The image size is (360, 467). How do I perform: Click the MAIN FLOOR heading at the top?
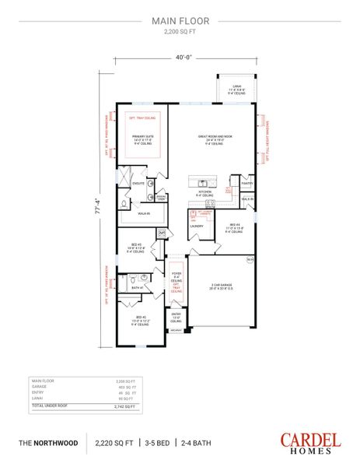click(180, 22)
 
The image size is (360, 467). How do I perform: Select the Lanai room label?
click(235, 88)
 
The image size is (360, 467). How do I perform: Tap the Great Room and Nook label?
click(210, 139)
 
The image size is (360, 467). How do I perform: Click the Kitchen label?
click(204, 191)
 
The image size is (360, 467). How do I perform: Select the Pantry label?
click(247, 184)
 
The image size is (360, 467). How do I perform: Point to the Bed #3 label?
click(136, 246)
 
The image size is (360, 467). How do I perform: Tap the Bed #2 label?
click(141, 319)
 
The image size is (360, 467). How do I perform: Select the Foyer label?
click(177, 275)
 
